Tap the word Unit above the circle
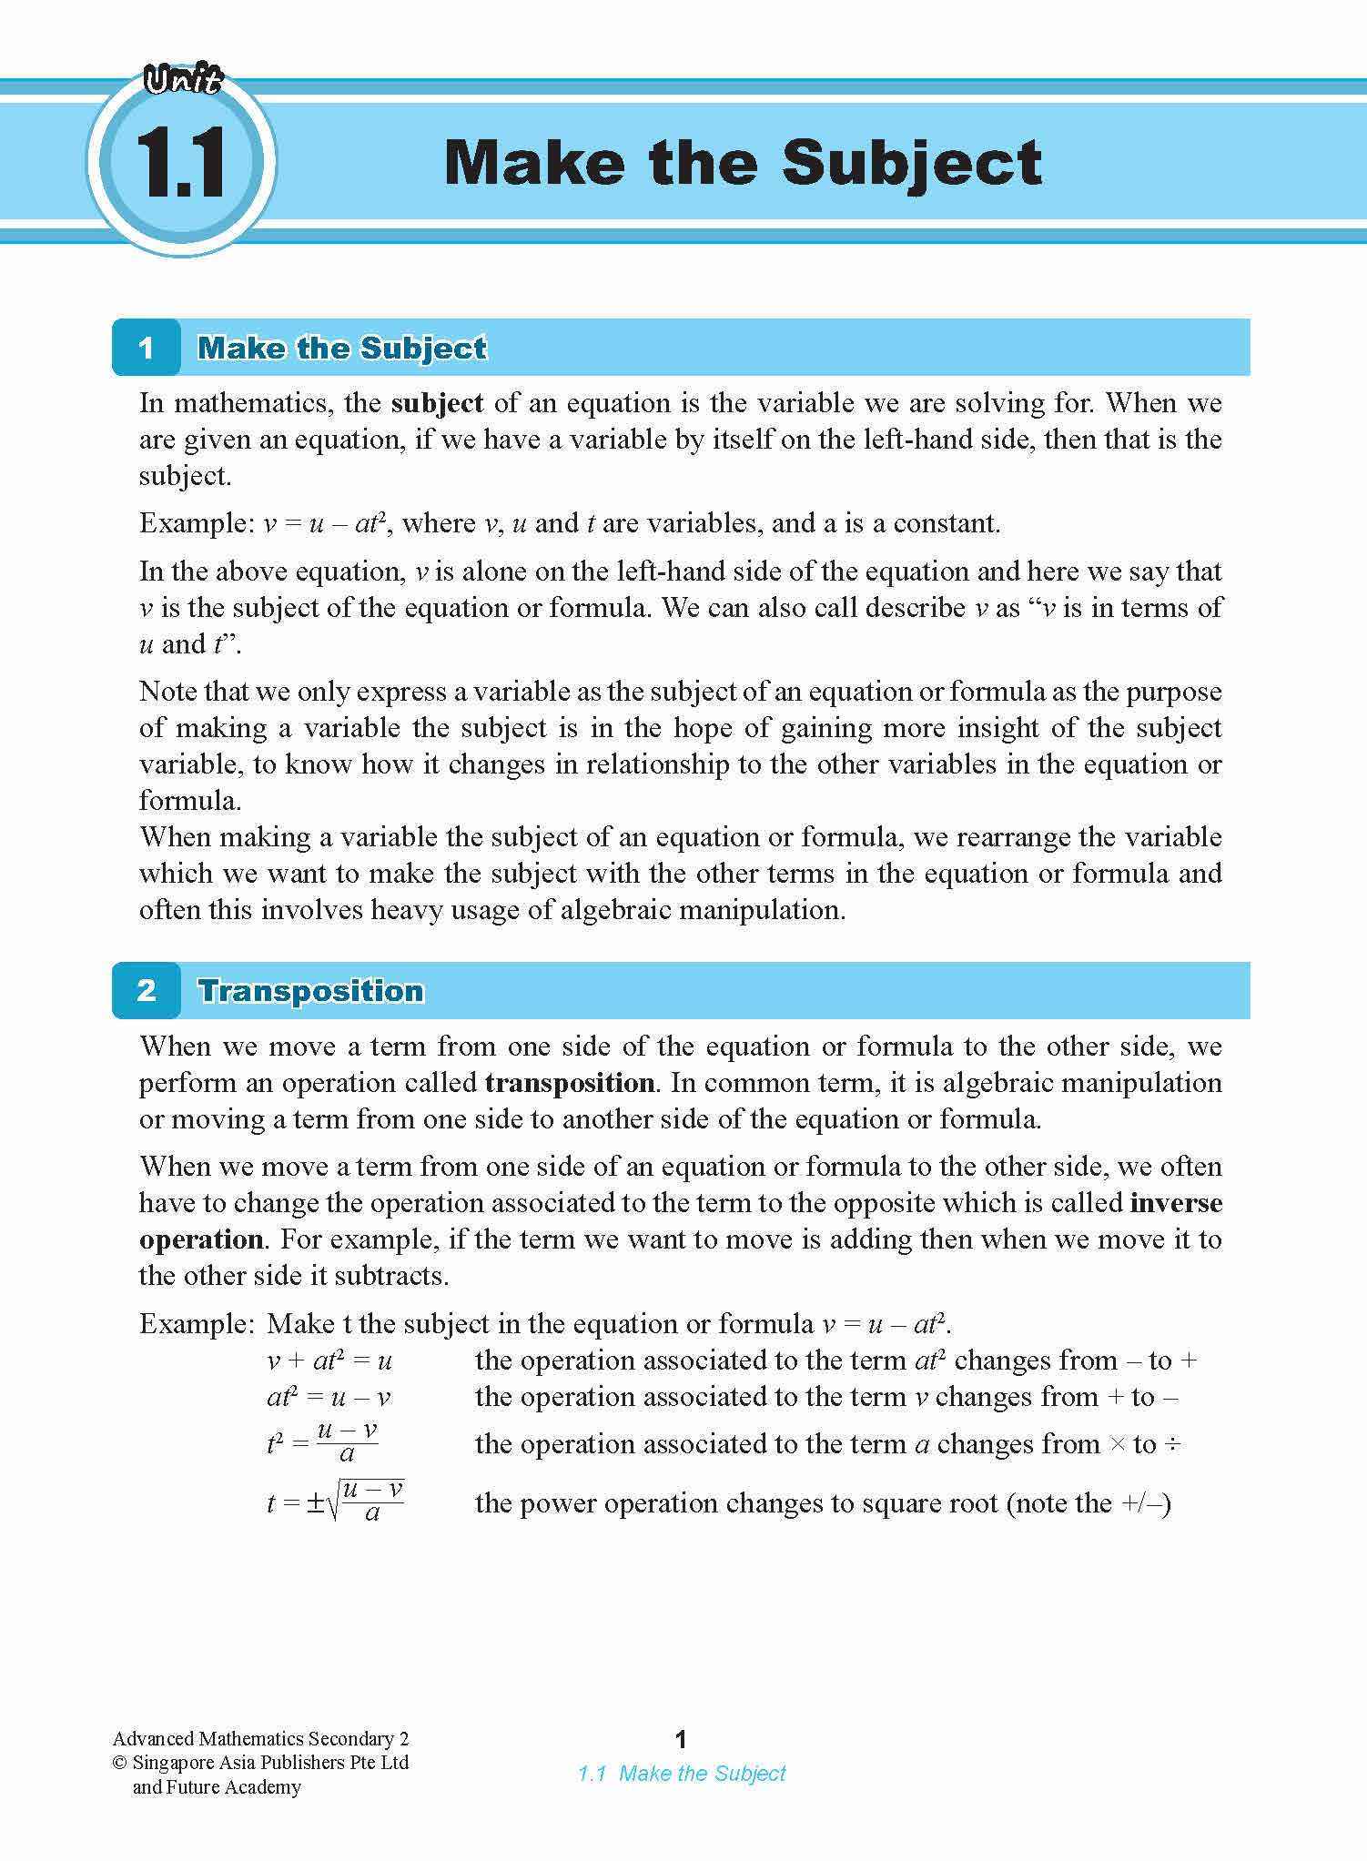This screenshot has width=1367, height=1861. (x=183, y=82)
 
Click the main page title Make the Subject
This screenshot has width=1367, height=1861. (x=743, y=163)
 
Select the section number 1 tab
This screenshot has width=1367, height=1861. (x=147, y=348)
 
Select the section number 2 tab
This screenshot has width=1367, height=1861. (x=147, y=990)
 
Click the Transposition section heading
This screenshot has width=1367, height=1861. (x=311, y=990)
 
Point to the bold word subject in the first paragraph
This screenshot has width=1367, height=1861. (x=437, y=403)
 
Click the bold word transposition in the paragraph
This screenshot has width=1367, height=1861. (x=570, y=1083)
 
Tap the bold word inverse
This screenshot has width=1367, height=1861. (x=1176, y=1203)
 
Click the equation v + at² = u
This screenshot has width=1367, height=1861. (x=329, y=1361)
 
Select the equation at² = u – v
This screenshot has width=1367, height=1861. (x=329, y=1398)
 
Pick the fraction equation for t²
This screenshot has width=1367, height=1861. (x=323, y=1442)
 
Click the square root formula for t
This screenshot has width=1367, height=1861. (x=335, y=1502)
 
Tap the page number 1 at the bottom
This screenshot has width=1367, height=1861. (x=681, y=1740)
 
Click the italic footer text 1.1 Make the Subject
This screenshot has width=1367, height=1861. (x=682, y=1773)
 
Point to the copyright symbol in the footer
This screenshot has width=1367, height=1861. (x=119, y=1763)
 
